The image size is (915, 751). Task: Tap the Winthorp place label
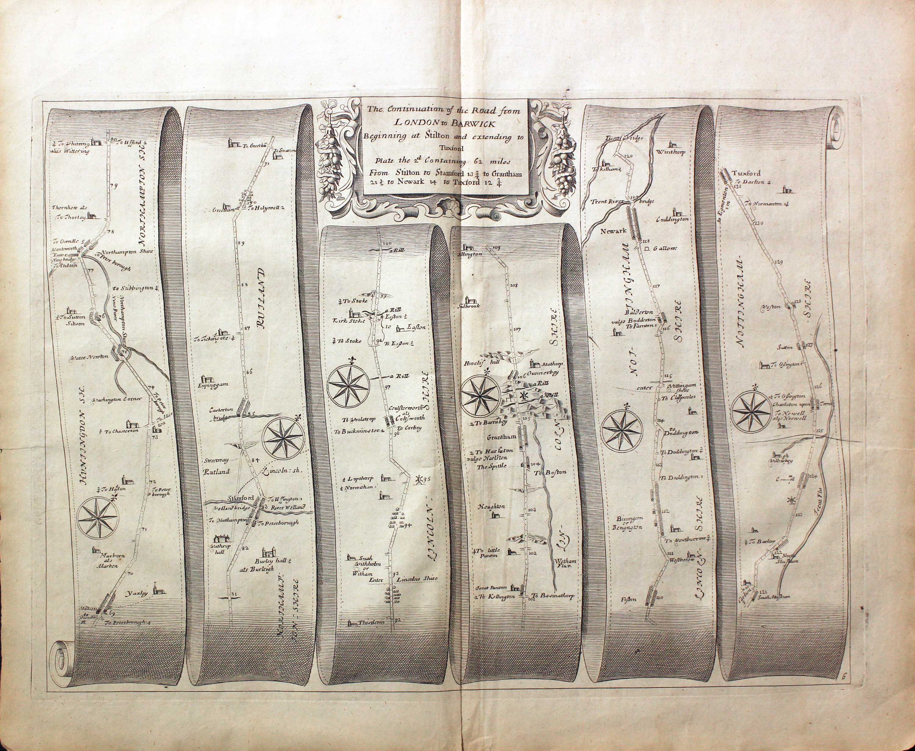pos(670,152)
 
